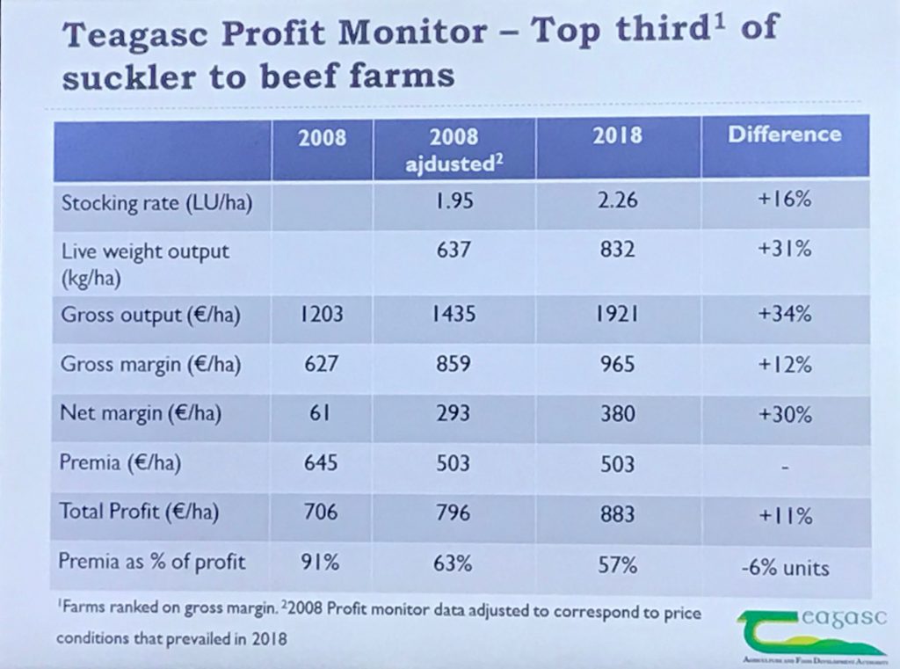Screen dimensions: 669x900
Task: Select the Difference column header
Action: [x=784, y=135]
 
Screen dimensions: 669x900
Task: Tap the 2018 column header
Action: [x=618, y=135]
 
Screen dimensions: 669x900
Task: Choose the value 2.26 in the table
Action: [x=617, y=201]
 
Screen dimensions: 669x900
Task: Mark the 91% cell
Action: [x=320, y=564]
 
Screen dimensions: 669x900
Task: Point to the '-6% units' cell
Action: [x=785, y=567]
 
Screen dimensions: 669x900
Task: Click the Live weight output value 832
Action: [x=617, y=251]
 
